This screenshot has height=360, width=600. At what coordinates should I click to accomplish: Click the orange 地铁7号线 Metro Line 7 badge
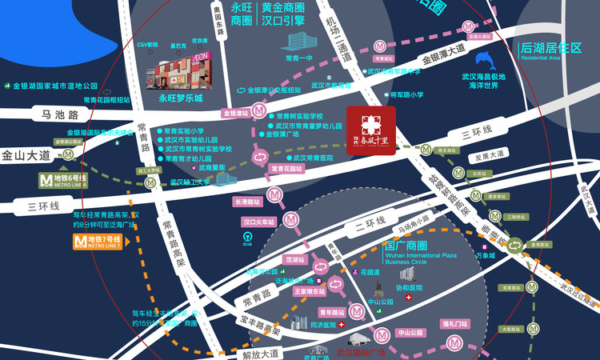(97, 240)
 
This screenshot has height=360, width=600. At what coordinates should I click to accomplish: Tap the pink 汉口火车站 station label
(258, 221)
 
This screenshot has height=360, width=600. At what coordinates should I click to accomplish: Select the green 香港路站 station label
(542, 243)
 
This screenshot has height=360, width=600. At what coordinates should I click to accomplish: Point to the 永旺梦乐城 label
(180, 99)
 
